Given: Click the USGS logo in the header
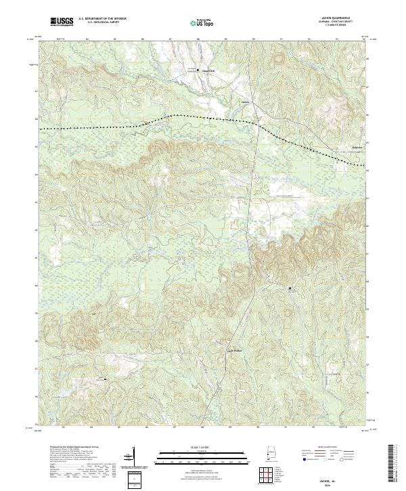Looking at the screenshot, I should [62, 22].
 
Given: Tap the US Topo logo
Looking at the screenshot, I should [203, 22].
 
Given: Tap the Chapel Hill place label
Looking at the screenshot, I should [208, 70].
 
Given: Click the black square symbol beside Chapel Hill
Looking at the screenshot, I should [198, 70].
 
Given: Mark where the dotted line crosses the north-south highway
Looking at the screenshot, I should [256, 124].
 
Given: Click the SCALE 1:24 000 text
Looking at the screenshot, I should [203, 446].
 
